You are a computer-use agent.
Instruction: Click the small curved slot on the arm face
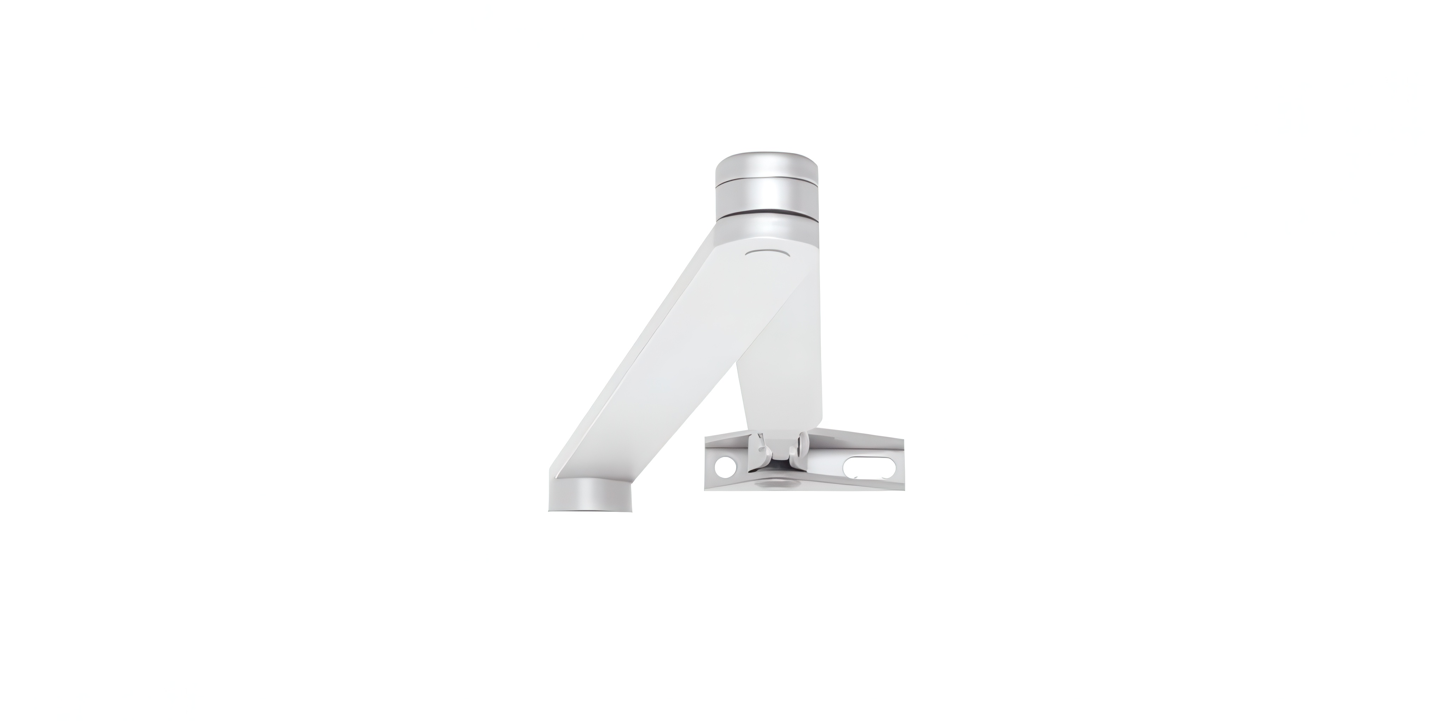coord(767,253)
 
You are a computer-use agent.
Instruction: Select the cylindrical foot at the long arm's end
coord(591,496)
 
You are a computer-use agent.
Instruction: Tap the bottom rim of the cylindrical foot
coord(591,508)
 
